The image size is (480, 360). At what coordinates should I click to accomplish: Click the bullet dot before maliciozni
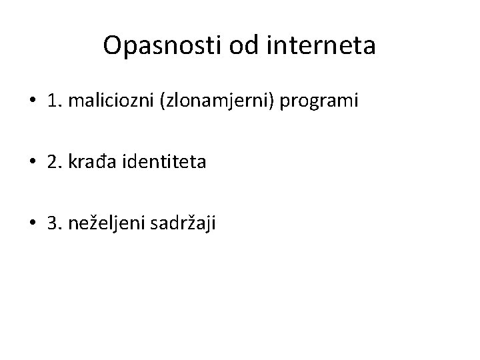pos(33,101)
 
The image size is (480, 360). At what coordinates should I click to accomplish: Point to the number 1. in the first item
pos(54,101)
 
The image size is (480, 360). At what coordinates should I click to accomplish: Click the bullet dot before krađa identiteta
pos(33,162)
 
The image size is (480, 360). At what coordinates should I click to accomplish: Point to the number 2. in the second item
pos(54,162)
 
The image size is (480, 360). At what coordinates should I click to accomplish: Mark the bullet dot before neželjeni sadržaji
pos(33,222)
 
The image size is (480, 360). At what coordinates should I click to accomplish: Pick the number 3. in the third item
pos(54,222)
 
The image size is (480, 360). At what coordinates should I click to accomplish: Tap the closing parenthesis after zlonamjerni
pos(275,101)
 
